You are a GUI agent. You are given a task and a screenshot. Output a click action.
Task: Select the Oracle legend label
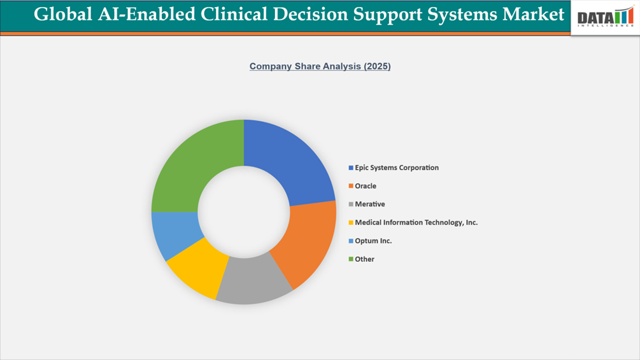(366, 186)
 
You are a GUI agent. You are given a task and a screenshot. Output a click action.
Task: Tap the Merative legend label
(369, 205)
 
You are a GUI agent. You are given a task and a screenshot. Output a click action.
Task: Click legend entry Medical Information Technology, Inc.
(416, 223)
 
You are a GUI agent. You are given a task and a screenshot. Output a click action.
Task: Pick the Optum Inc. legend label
(373, 241)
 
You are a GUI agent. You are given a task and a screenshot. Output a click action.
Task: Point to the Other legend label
(364, 259)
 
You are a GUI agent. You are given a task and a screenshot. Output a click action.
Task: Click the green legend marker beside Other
(351, 259)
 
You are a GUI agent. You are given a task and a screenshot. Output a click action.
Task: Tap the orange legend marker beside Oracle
(351, 186)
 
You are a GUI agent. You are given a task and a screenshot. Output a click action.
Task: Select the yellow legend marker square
(351, 223)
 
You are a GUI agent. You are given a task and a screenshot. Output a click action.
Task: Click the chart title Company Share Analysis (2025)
(320, 66)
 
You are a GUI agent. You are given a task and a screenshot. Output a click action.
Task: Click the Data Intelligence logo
(605, 17)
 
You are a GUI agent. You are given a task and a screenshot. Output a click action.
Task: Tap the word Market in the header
(532, 14)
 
